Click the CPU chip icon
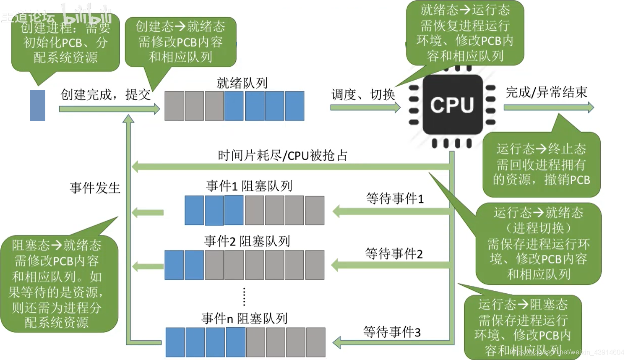[x=452, y=105]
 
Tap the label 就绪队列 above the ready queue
[x=242, y=83]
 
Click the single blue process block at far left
[x=37, y=106]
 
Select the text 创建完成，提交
[x=106, y=95]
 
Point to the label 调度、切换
[x=363, y=95]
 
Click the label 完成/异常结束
[x=546, y=92]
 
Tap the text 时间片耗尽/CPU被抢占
[x=282, y=156]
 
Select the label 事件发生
[x=95, y=188]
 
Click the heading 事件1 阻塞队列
[x=249, y=186]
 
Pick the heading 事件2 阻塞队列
[x=247, y=241]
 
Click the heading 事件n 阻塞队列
[x=244, y=318]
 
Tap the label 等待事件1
[x=395, y=198]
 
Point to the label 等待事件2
[x=393, y=253]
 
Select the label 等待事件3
[x=392, y=332]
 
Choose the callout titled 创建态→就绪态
[x=180, y=42]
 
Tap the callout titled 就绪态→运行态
[x=465, y=33]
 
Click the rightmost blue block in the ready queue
[x=294, y=106]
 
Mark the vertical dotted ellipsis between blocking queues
[x=244, y=297]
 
